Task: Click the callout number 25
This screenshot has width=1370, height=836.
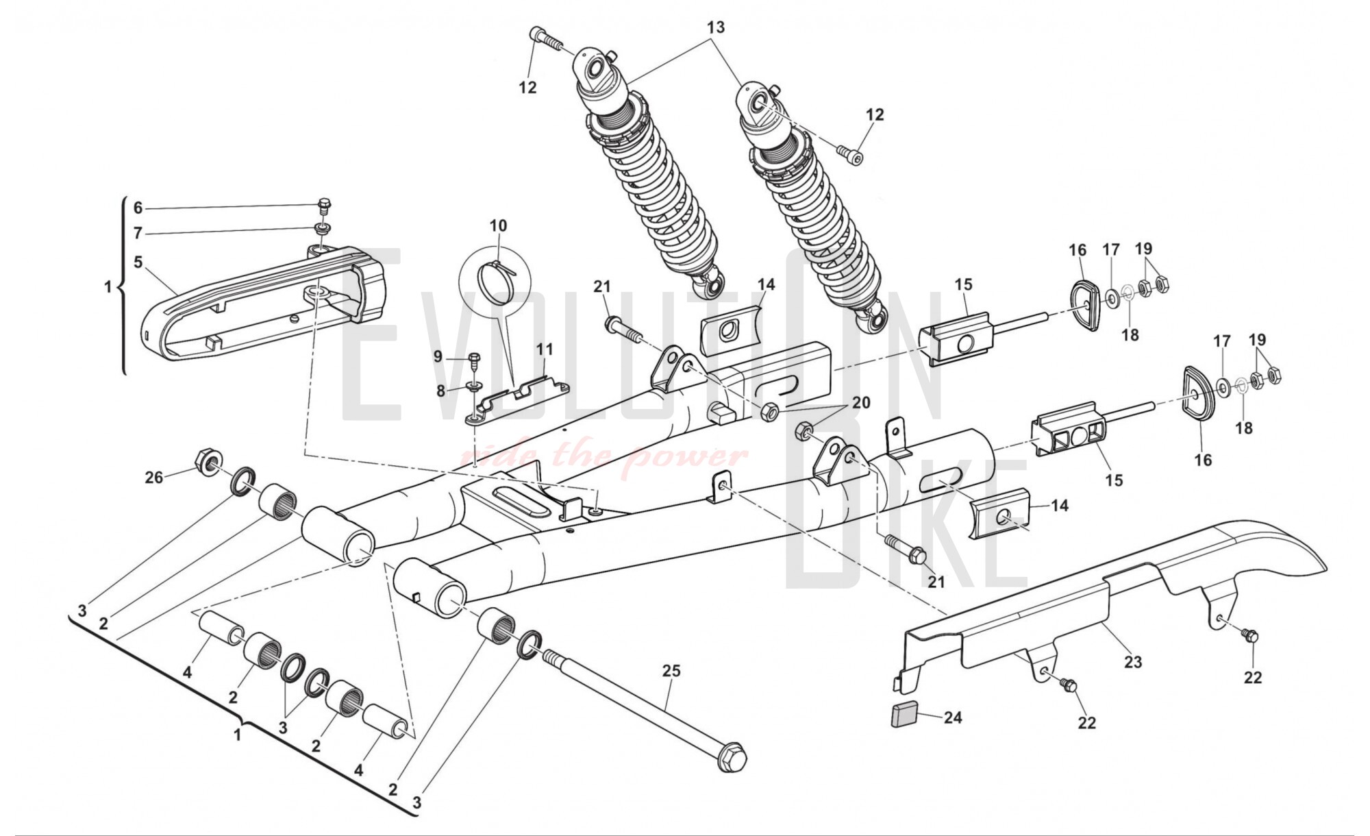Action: click(x=671, y=671)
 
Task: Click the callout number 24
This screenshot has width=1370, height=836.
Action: click(x=953, y=717)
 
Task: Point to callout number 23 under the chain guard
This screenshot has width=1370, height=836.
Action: click(x=1133, y=662)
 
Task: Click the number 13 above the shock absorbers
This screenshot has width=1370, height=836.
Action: click(x=716, y=27)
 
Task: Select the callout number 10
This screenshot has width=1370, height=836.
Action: click(x=498, y=225)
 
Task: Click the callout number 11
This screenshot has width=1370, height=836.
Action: click(x=545, y=349)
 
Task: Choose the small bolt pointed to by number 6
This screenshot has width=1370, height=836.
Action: click(x=324, y=204)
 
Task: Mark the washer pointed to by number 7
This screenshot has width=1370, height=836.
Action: click(x=321, y=228)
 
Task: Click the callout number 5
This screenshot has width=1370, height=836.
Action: click(x=138, y=262)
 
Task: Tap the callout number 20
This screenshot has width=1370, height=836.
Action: click(x=861, y=402)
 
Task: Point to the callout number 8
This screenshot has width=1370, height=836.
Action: click(x=440, y=391)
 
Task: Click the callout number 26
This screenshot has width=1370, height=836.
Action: click(x=154, y=477)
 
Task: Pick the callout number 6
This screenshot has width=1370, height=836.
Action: click(x=138, y=208)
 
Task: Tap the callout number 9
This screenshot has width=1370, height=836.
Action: click(x=438, y=356)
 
